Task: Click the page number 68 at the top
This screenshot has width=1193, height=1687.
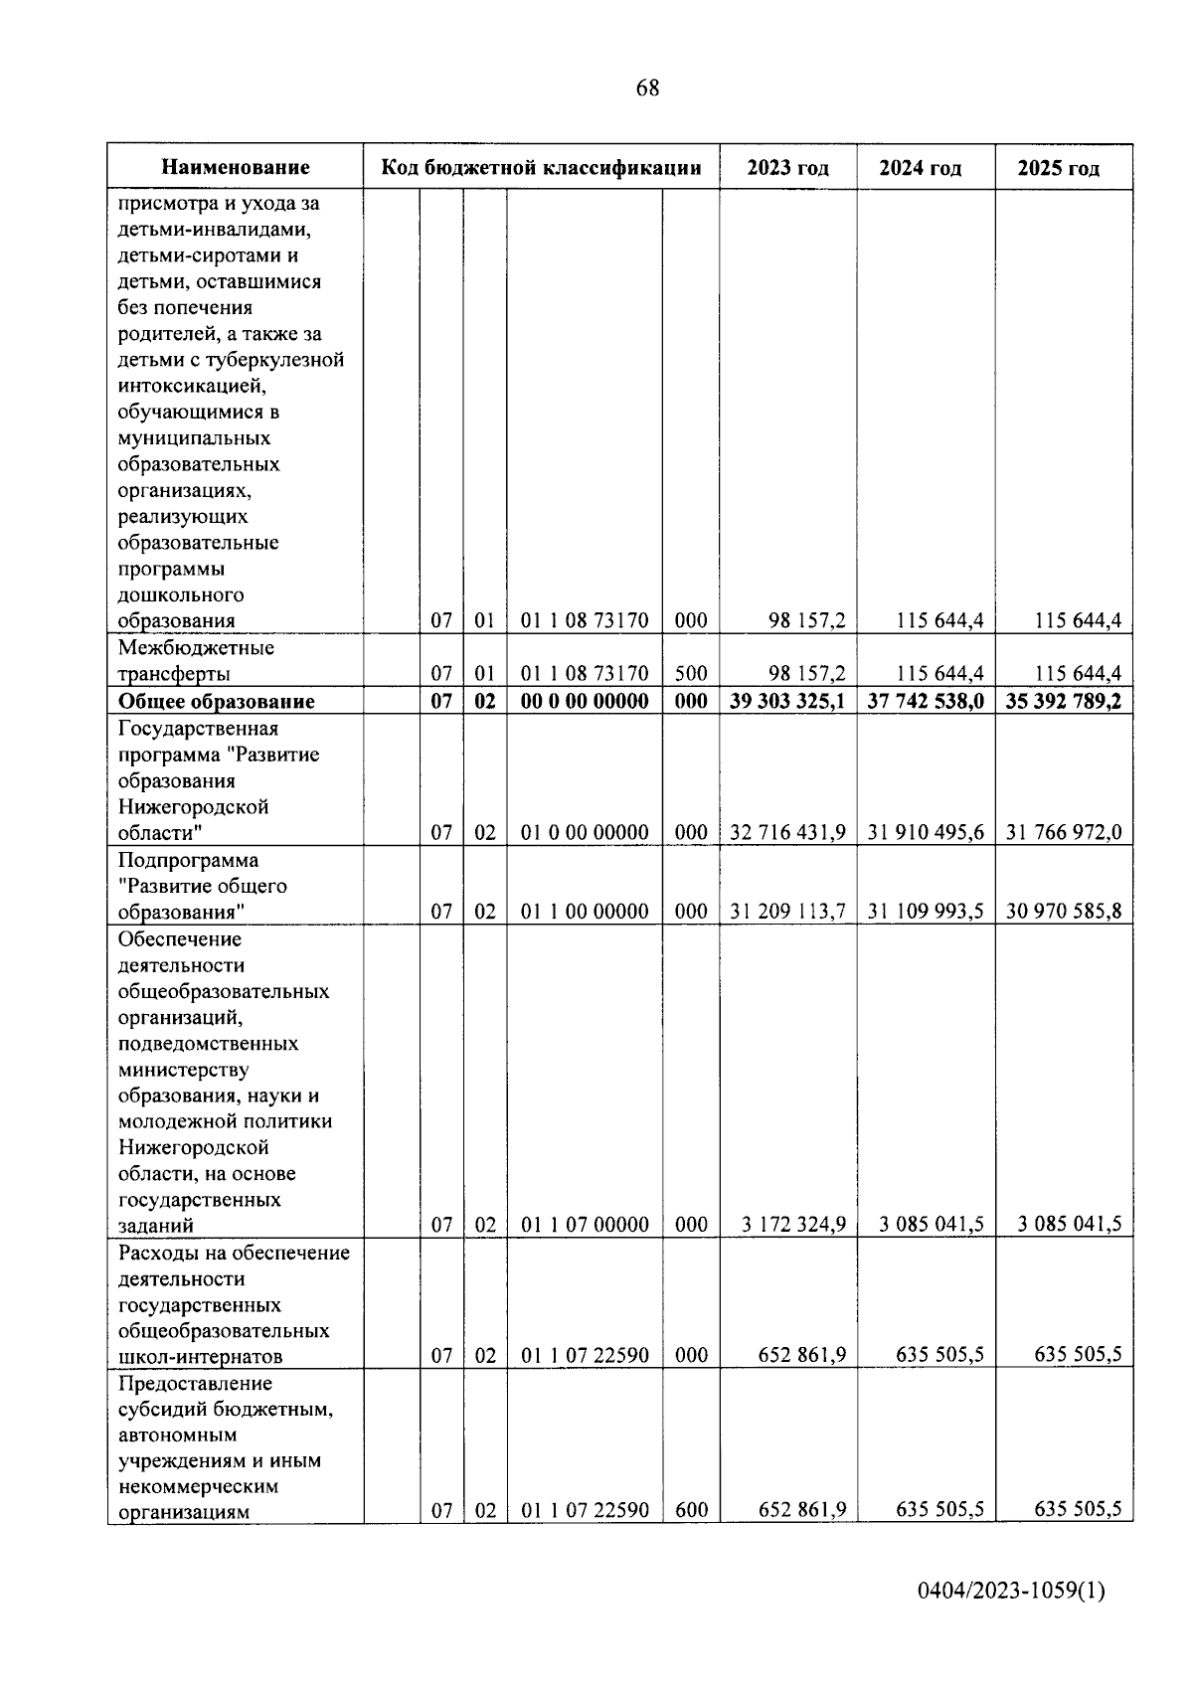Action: [x=647, y=88]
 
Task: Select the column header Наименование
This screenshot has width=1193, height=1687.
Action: [x=236, y=168]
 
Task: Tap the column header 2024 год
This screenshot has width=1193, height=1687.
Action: [x=920, y=168]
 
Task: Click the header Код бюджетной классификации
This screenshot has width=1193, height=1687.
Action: [x=542, y=168]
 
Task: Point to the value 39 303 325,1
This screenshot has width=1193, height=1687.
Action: [x=787, y=702]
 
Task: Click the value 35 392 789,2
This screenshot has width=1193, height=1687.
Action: [x=1063, y=702]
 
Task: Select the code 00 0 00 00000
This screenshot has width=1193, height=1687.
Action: [x=585, y=702]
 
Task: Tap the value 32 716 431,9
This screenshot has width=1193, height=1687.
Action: [x=787, y=833]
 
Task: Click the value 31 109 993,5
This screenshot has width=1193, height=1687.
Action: [x=926, y=912]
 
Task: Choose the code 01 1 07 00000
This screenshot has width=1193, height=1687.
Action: [x=585, y=1225]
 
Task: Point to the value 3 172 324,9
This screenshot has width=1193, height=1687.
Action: [x=793, y=1225]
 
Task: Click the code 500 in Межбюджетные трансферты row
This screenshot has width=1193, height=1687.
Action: [x=691, y=675]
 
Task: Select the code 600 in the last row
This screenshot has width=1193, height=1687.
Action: [x=691, y=1511]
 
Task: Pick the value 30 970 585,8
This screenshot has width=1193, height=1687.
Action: [x=1063, y=912]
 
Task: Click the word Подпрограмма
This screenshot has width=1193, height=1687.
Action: [x=188, y=860]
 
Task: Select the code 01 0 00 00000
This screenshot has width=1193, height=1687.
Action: [x=585, y=833]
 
